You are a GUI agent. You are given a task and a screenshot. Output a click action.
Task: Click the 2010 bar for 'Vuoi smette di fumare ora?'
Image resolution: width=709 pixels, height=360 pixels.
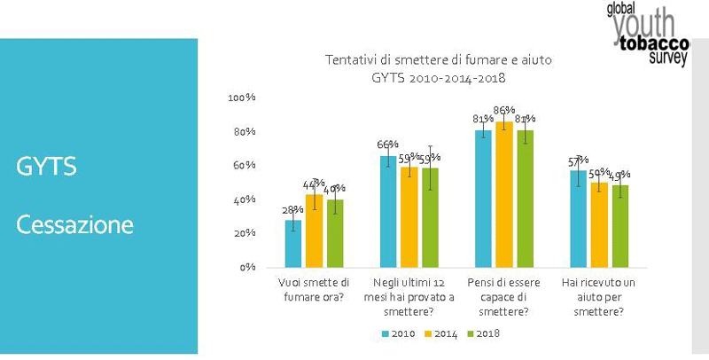point(293,243)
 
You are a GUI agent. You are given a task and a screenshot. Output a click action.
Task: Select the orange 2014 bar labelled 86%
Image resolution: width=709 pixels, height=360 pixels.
point(504,194)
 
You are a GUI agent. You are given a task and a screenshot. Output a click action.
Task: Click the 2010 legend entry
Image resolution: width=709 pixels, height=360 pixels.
point(401,333)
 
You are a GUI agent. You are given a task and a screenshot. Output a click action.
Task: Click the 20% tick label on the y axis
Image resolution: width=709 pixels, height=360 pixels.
point(245,233)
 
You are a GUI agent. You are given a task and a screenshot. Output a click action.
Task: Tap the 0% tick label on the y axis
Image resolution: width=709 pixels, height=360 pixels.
point(248,267)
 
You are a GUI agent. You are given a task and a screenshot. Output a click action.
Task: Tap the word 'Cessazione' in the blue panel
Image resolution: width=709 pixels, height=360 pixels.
point(75,224)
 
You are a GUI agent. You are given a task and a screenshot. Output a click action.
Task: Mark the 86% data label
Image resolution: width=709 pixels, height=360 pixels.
point(504,111)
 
